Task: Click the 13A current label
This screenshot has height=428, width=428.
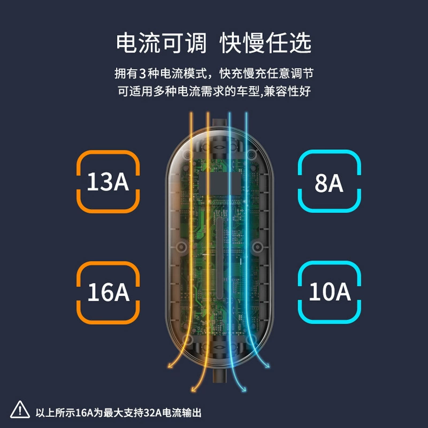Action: tap(108, 181)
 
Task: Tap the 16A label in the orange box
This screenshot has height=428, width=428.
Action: tap(109, 292)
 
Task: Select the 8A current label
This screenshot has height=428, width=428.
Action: tap(329, 183)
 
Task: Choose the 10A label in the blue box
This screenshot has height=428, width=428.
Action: tap(330, 292)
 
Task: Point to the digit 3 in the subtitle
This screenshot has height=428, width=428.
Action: tap(142, 74)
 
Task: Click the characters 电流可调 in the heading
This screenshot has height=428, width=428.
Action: tap(162, 43)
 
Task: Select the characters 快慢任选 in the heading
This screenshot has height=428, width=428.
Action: tap(265, 43)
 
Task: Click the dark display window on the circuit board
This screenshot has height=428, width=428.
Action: tap(220, 183)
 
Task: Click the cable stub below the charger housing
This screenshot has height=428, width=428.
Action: tap(219, 376)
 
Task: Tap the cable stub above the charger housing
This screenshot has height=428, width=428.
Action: tap(219, 123)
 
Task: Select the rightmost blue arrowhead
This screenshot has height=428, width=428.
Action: tap(266, 365)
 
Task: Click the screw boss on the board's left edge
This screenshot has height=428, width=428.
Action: tap(181, 247)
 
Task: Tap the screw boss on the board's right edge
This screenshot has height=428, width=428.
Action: tap(257, 247)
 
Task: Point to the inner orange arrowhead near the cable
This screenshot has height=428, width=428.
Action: tap(194, 389)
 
